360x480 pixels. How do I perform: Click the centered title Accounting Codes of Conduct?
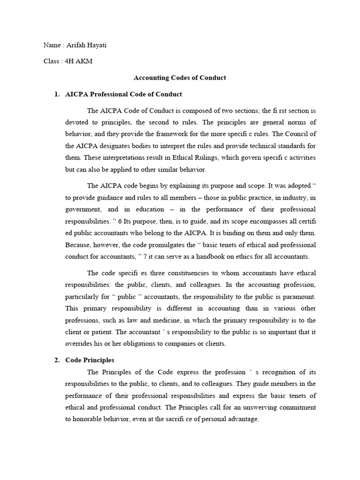pos(180,78)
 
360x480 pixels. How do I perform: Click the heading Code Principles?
pos(90,360)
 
